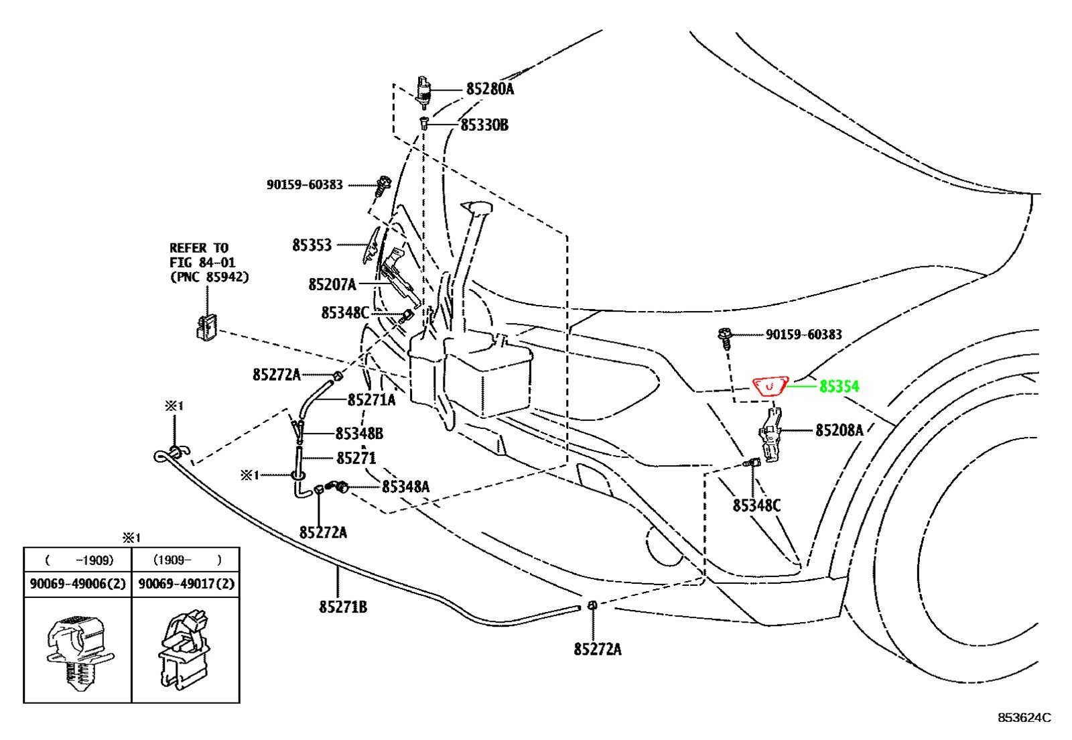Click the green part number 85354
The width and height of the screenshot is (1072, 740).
click(x=839, y=386)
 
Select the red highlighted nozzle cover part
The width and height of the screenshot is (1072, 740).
click(x=770, y=386)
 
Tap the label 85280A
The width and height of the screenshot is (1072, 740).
click(x=490, y=89)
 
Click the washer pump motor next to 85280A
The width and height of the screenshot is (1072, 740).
click(x=423, y=92)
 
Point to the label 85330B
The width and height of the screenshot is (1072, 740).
click(x=484, y=125)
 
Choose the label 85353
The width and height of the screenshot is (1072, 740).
click(x=312, y=245)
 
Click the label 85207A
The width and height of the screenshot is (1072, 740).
click(x=332, y=285)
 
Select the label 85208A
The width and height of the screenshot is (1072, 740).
click(x=840, y=431)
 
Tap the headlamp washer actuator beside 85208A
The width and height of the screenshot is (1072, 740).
click(x=770, y=434)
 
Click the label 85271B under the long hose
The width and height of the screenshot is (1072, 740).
click(x=343, y=607)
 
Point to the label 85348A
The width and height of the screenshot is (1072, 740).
click(x=406, y=487)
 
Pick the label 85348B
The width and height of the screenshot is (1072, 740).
click(x=359, y=434)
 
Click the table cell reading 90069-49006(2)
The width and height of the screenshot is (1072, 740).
click(x=78, y=584)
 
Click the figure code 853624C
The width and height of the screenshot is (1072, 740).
click(x=1024, y=718)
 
